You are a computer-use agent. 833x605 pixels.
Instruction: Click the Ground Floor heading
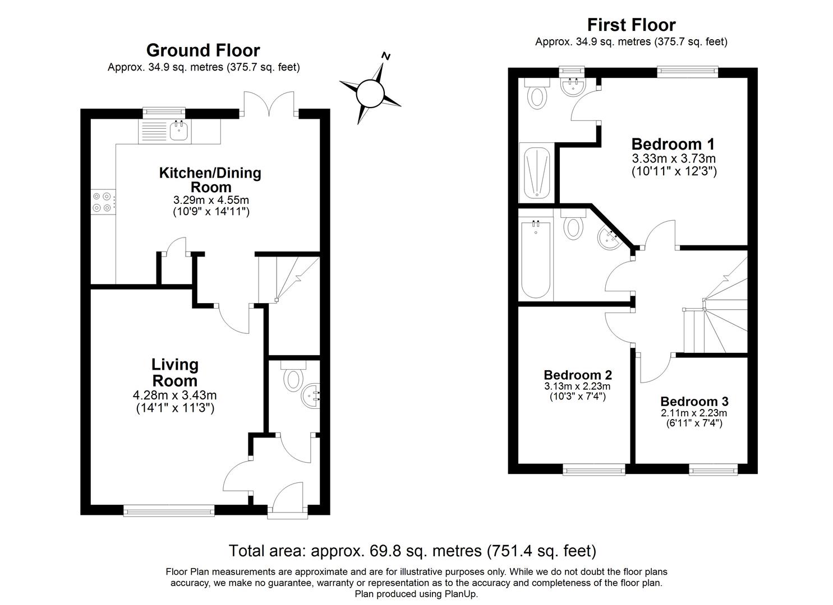(203, 50)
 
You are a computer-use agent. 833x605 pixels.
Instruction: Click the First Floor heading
(631, 25)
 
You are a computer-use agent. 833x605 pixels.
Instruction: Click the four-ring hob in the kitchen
(103, 202)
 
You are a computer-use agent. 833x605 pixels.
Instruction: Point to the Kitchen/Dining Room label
(210, 179)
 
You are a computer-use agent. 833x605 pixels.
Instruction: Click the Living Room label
(175, 373)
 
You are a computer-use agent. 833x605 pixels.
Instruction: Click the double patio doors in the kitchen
(270, 103)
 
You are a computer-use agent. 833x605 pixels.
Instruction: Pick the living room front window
(169, 510)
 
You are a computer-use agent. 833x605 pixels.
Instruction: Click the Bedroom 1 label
(673, 143)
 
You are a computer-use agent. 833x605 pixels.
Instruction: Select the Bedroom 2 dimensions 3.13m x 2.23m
(577, 387)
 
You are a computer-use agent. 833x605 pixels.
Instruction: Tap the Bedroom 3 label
(694, 401)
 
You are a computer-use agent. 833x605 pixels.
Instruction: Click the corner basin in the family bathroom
(608, 239)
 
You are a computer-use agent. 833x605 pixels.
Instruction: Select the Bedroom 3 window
(713, 470)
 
